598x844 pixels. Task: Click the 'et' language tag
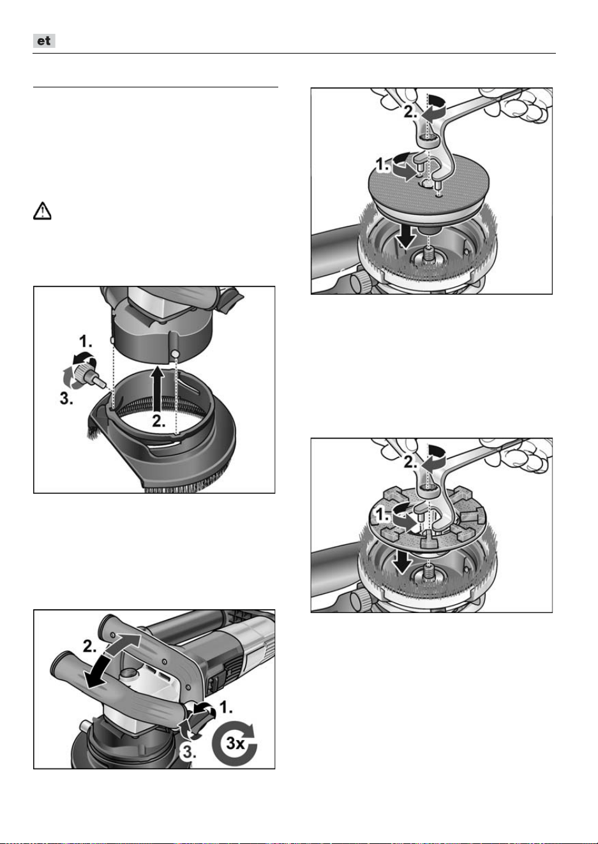(44, 41)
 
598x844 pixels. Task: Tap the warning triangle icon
(42, 211)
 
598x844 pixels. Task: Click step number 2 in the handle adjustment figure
(91, 647)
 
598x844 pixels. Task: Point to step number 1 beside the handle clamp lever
(225, 707)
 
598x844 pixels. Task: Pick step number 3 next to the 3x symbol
(189, 752)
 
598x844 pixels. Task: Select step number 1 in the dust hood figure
(86, 342)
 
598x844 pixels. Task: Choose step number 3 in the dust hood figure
(66, 398)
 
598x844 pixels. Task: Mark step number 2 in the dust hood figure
(159, 421)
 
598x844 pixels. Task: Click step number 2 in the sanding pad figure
(411, 112)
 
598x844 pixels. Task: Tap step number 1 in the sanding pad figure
(383, 165)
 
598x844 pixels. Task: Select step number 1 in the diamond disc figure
(383, 515)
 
